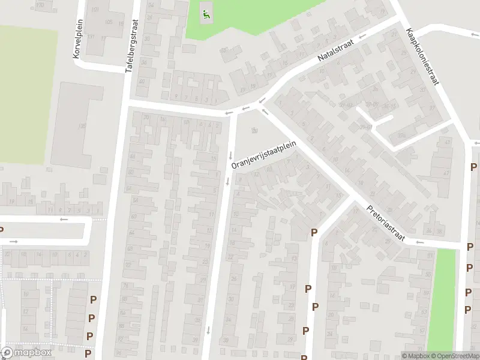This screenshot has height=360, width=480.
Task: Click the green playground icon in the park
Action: coord(206,15)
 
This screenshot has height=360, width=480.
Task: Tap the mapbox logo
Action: coord(26,353)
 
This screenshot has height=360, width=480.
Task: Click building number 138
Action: coord(81,126)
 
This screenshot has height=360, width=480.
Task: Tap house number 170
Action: coord(40,5)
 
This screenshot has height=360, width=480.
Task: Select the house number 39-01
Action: coord(365,127)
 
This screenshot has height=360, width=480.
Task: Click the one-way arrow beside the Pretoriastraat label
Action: coord(420,242)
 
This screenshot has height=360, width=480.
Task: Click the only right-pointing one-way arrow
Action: coord(14,242)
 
